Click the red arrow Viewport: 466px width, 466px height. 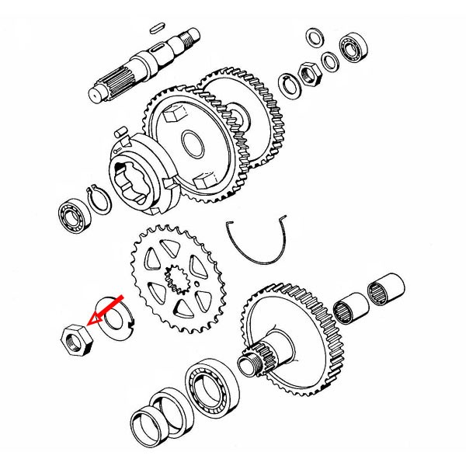106,309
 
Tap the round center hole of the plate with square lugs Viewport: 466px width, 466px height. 190,143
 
